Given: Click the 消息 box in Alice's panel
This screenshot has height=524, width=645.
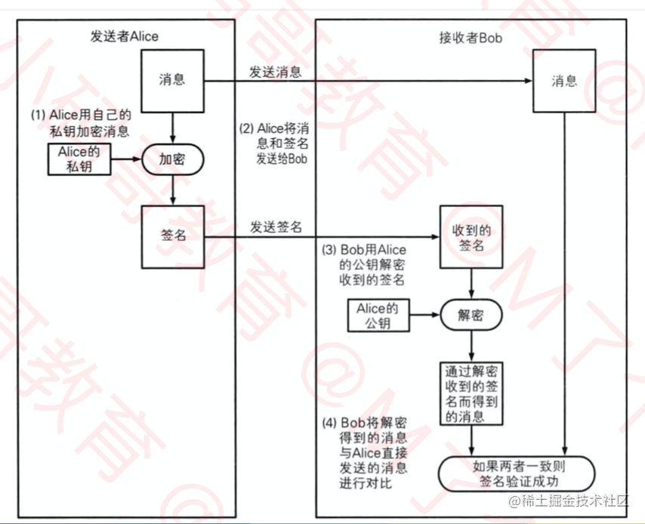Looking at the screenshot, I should point(173,79).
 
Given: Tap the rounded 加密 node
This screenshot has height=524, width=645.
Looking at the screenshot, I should point(173,159).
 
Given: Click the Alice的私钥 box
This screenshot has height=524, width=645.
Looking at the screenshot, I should point(79,159).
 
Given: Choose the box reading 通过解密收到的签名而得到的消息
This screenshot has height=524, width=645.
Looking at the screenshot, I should point(473,393).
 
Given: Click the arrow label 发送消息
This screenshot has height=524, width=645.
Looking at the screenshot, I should point(276,72).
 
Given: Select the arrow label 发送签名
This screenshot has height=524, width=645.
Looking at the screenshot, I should point(276,226).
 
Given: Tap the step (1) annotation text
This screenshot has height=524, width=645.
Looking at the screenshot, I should point(80,123).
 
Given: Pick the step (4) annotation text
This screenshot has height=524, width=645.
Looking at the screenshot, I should point(365,452).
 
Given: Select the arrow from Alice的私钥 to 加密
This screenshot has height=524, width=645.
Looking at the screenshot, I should point(128,159).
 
